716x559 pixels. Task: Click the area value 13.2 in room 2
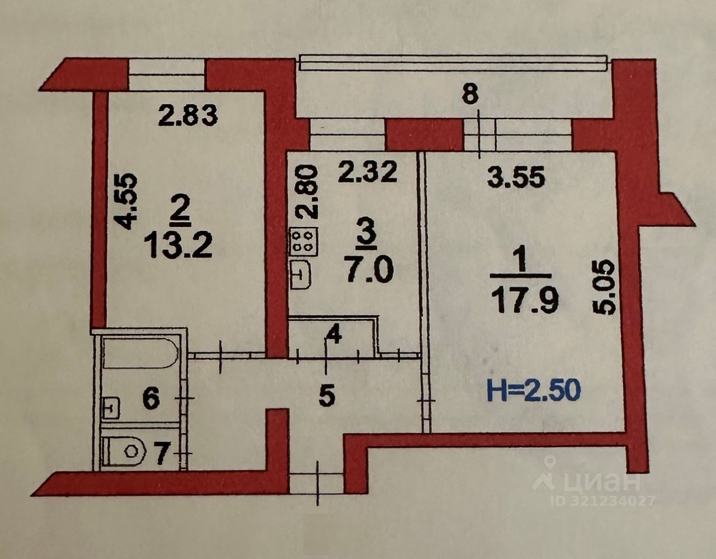pyautogui.click(x=178, y=246)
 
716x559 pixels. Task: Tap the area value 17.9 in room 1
pyautogui.click(x=524, y=303)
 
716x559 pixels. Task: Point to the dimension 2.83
pyautogui.click(x=187, y=116)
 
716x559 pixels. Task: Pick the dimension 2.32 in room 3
pyautogui.click(x=367, y=172)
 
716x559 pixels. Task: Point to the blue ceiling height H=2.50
pyautogui.click(x=534, y=391)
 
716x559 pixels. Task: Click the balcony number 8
pyautogui.click(x=470, y=95)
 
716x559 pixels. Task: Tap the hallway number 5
pyautogui.click(x=327, y=396)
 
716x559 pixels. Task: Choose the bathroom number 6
pyautogui.click(x=151, y=399)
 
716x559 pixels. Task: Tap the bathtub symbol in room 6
pyautogui.click(x=140, y=353)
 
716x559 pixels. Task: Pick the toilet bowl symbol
pyautogui.click(x=124, y=451)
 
